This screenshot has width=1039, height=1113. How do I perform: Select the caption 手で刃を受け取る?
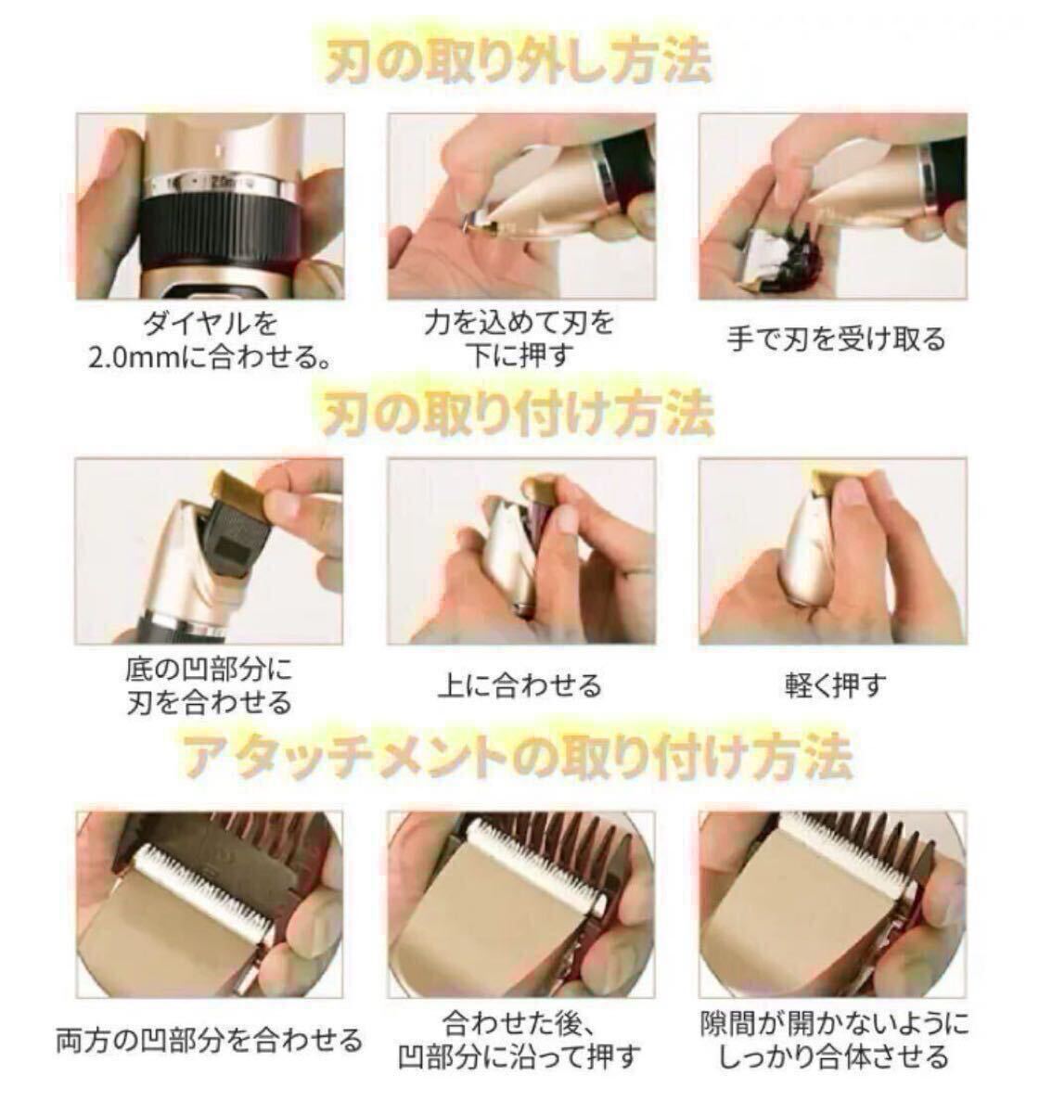[836, 339]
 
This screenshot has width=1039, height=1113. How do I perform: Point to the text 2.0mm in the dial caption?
[135, 358]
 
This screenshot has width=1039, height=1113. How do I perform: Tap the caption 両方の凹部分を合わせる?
[209, 1039]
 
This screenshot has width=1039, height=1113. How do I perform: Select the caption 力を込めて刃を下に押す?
[519, 339]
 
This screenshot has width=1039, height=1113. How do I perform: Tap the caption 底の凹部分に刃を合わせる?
[209, 686]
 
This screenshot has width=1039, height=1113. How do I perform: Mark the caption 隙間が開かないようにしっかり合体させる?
[835, 1040]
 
